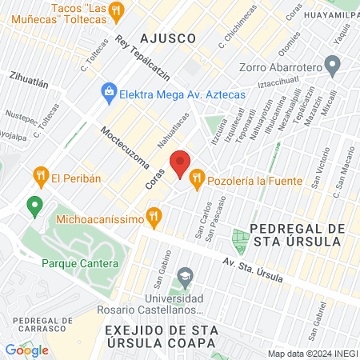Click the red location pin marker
[181, 164]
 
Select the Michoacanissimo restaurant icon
[155, 214]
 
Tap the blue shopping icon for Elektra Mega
[108, 93]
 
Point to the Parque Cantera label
[80, 262]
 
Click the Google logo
[26, 350]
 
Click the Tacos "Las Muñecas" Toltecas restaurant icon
[117, 10]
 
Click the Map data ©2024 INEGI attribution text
[311, 354]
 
